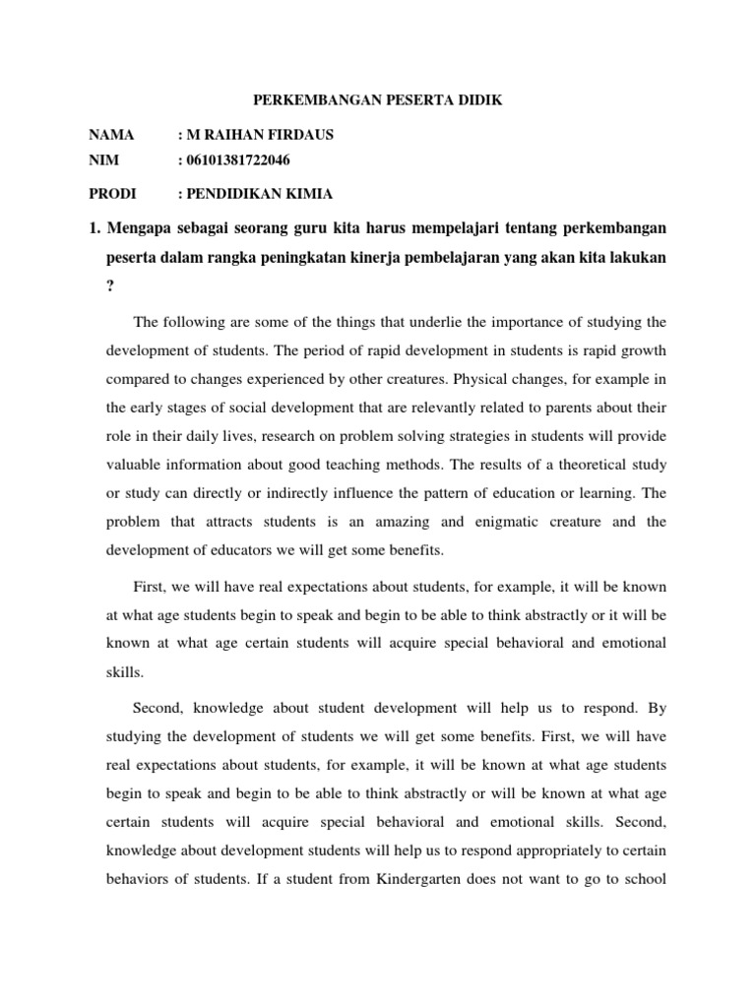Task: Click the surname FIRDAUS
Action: (294, 135)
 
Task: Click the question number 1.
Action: (94, 229)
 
